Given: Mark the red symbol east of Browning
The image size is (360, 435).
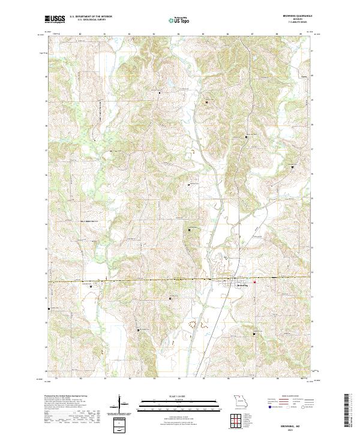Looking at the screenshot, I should pyautogui.click(x=254, y=281).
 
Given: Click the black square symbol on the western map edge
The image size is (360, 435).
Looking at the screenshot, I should pyautogui.click(x=49, y=309).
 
